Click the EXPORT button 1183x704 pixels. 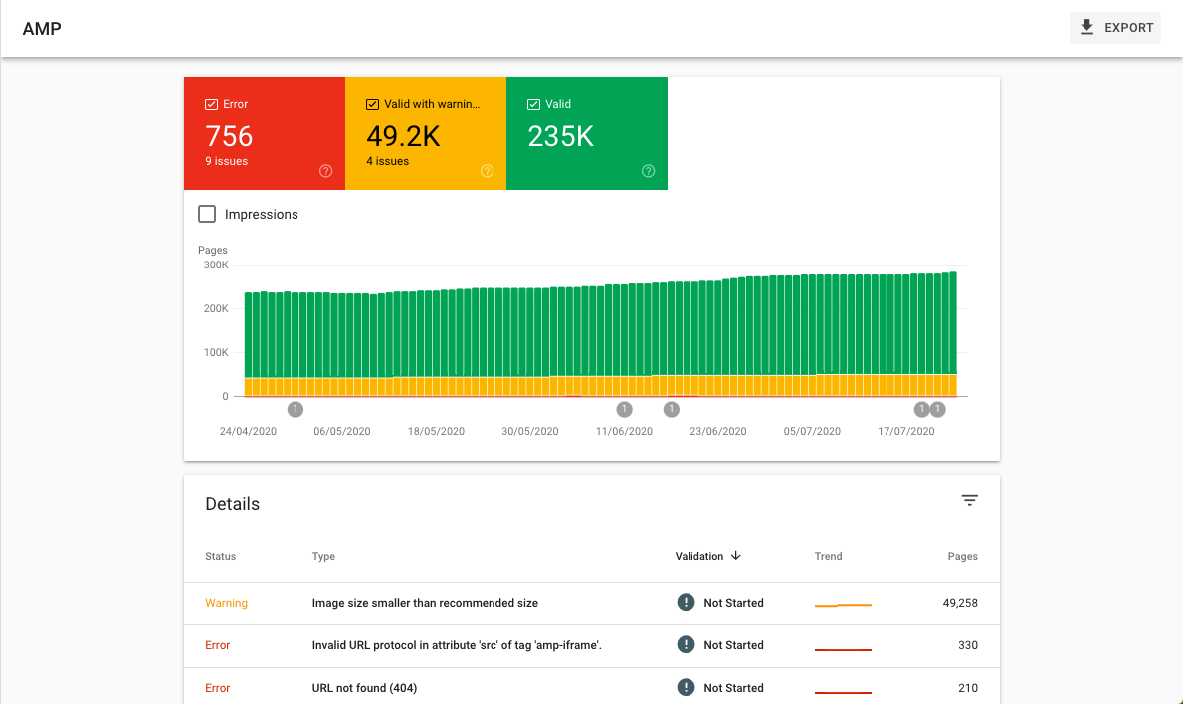(1115, 28)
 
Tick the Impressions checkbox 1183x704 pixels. (207, 214)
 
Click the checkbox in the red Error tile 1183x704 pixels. (211, 104)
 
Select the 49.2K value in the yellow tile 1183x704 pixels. (403, 136)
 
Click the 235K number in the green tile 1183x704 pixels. (560, 136)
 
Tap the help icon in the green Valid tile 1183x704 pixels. (648, 171)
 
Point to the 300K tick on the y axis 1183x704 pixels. (216, 265)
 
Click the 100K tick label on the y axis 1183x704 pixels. (216, 353)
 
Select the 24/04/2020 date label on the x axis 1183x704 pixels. (248, 432)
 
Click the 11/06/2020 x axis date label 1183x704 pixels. (624, 432)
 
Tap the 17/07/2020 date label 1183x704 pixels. (906, 432)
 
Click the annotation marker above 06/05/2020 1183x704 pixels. (295, 409)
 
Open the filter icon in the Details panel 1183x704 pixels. (970, 501)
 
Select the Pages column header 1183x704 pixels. (962, 557)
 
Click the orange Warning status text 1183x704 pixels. (226, 603)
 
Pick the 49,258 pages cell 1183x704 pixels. (960, 603)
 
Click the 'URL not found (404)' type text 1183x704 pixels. (364, 688)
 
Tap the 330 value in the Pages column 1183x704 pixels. (967, 645)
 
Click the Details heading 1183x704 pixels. (232, 504)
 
